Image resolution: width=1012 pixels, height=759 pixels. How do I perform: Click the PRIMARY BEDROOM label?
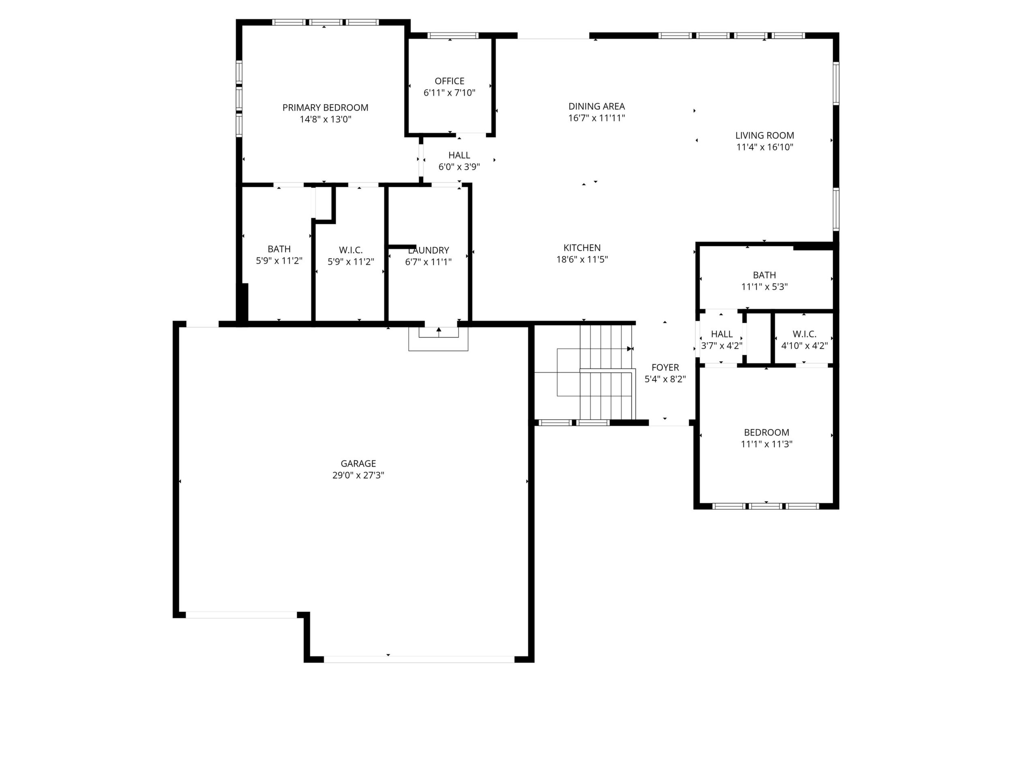(x=325, y=107)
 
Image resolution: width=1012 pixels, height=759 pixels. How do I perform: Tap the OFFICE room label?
(x=449, y=81)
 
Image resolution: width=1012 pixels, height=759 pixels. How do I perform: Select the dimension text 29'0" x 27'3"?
(x=358, y=475)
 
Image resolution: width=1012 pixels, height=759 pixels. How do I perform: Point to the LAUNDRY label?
(x=428, y=250)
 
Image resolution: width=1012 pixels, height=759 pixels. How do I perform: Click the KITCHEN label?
(x=582, y=247)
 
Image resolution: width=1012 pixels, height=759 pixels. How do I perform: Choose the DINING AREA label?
(x=596, y=106)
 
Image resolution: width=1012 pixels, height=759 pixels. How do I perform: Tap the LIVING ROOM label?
(x=765, y=135)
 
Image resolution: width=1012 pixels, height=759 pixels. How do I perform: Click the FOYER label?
(x=665, y=367)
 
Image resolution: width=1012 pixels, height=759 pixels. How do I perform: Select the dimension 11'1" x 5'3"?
(x=765, y=287)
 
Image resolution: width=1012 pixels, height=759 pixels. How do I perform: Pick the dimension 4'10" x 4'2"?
(x=804, y=346)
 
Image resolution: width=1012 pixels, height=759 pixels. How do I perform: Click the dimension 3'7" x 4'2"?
(x=721, y=346)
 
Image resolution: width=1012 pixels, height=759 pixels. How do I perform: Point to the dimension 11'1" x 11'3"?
(x=766, y=444)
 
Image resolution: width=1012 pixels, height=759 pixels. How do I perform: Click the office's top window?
(x=453, y=35)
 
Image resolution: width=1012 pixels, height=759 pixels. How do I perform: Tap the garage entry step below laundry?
(x=438, y=339)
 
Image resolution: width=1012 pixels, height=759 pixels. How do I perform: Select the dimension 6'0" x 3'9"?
(x=459, y=167)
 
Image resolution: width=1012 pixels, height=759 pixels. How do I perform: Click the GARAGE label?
(x=358, y=463)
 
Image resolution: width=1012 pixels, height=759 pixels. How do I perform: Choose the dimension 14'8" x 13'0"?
(x=325, y=120)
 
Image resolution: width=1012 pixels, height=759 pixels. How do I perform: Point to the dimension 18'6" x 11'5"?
(x=582, y=259)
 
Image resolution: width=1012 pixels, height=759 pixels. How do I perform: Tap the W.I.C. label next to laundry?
(x=351, y=250)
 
